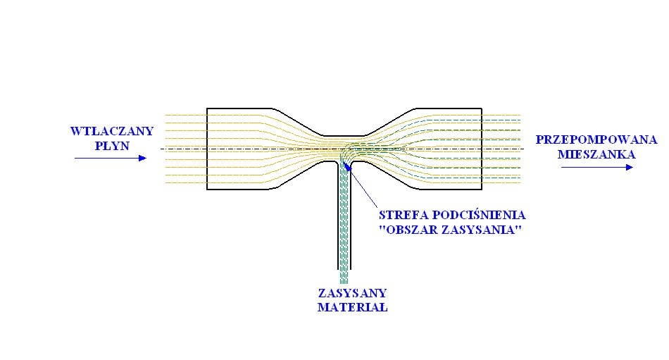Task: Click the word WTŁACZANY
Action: [x=111, y=131]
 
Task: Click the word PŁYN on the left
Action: [x=113, y=145]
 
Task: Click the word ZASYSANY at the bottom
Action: [x=351, y=293]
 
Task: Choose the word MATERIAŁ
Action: [x=352, y=308]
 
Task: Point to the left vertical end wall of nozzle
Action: [x=207, y=148]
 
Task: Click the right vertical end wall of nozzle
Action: [x=482, y=148]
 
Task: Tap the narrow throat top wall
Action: [x=345, y=135]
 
